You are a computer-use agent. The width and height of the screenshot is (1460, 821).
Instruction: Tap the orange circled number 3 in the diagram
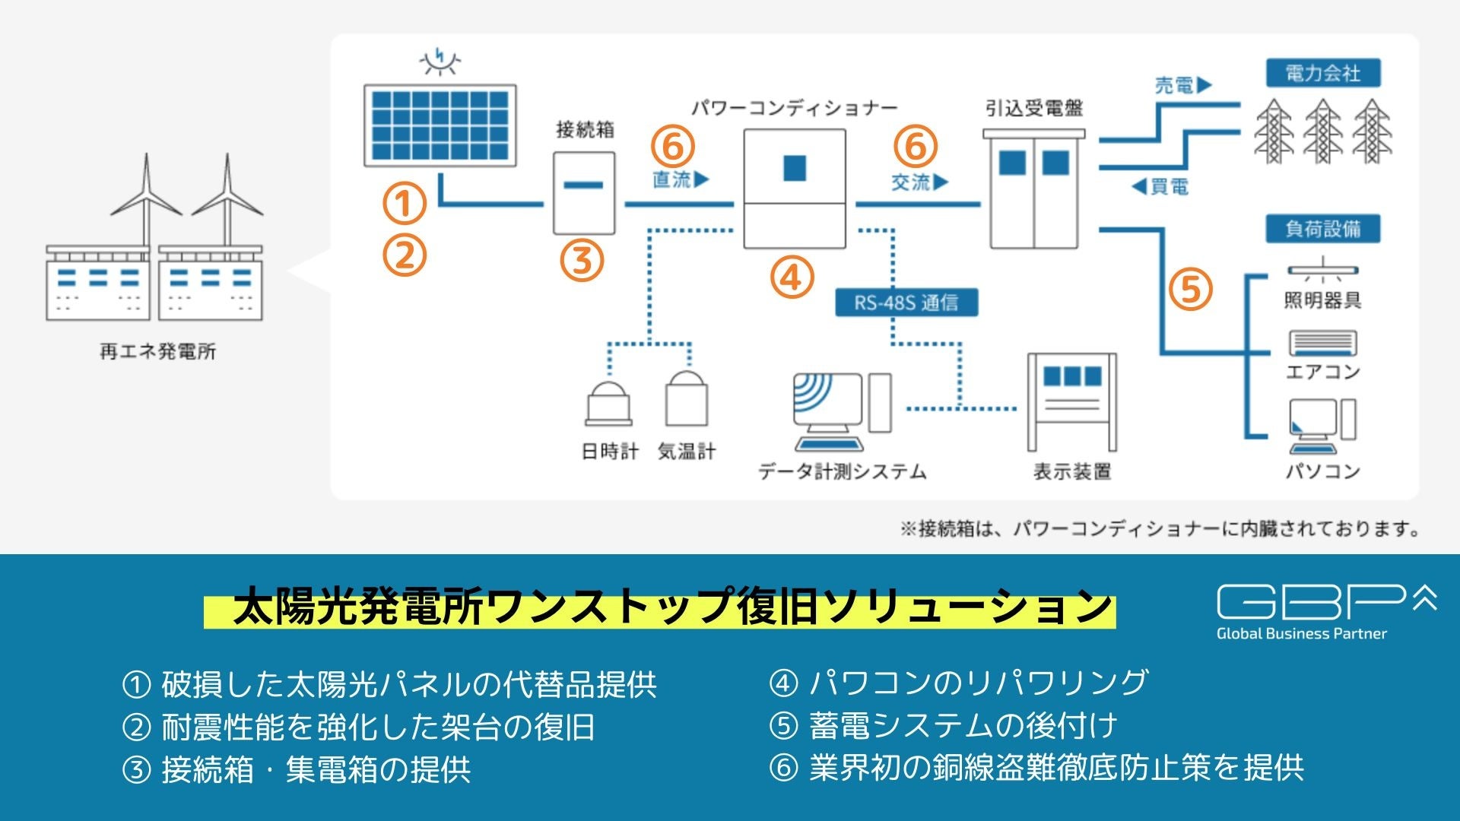582,260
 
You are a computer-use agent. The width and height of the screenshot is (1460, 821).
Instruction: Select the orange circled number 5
1190,289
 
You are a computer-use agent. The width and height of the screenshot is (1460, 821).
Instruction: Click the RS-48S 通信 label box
906,303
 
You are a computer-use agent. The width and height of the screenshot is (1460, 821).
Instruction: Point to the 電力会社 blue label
1322,74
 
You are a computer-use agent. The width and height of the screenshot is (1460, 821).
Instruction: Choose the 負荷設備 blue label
1322,229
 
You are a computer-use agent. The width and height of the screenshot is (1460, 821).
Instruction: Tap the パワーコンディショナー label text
794,108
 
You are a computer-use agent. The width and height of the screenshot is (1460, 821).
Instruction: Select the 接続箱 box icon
583,193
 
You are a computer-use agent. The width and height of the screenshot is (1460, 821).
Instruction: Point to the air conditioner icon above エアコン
1322,343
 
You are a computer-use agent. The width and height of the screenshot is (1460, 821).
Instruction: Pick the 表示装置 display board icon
1071,402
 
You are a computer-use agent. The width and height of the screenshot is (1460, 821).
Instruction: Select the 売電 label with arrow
1182,85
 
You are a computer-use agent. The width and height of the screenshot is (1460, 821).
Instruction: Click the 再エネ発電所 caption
157,351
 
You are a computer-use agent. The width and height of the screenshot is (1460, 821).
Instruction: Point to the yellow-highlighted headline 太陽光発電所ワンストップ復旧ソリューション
659,608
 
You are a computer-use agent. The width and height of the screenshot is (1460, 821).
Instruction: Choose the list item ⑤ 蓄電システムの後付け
943,725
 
